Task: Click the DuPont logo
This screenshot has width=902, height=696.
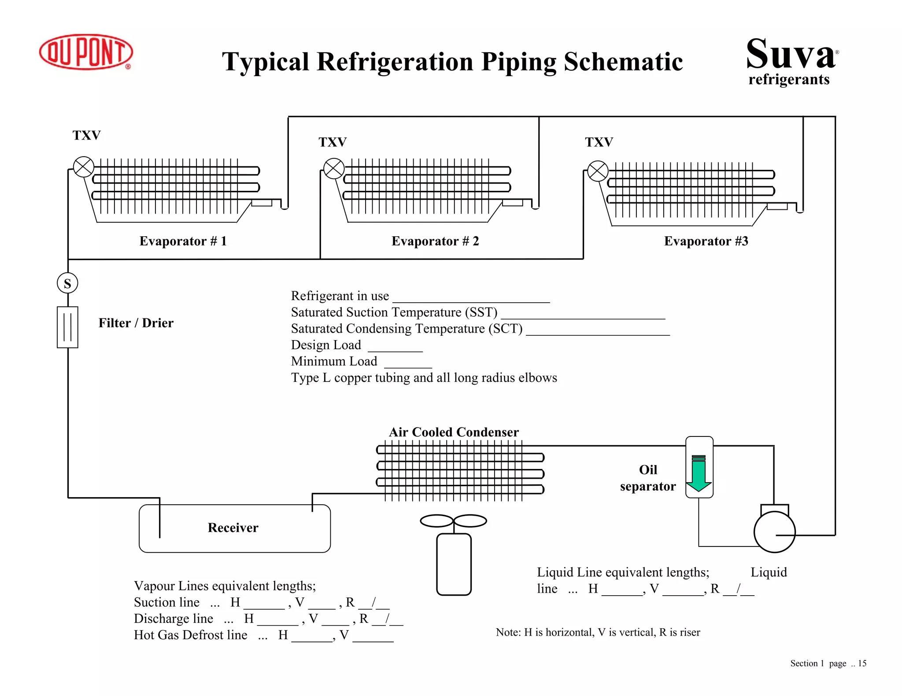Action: pos(86,52)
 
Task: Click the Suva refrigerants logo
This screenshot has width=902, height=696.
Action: pos(791,61)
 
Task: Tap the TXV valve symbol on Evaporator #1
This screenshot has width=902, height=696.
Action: pos(84,167)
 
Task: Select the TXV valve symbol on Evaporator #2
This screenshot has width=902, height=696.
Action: pos(334,169)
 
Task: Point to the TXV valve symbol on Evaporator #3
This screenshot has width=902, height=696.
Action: pos(598,171)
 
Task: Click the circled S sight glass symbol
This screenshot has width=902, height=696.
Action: pos(67,283)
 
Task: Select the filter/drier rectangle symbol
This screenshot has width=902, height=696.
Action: pos(67,327)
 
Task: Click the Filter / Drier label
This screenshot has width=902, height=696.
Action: pos(136,323)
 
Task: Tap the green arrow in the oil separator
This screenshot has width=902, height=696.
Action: pos(699,474)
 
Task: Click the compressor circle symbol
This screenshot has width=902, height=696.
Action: pos(774,531)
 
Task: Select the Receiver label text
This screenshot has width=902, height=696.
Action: pos(233,527)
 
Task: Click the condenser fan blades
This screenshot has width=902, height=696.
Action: pos(453,521)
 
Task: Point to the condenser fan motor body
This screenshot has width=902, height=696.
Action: pos(454,564)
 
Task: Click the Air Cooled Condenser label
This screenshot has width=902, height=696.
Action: pos(454,432)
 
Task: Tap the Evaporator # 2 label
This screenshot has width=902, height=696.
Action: pos(435,241)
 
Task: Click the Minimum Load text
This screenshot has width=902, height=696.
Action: pos(334,361)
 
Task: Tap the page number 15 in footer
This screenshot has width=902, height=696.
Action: pos(862,663)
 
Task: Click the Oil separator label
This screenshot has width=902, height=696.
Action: pos(648,478)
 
